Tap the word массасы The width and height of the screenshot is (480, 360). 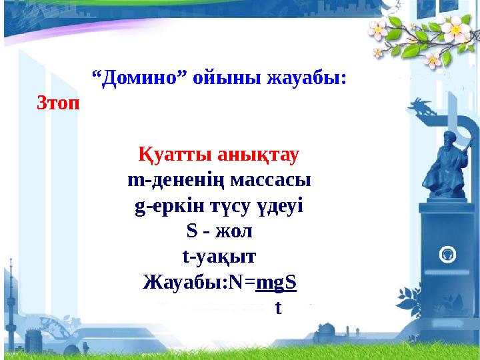pos(270,181)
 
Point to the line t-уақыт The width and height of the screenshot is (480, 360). pos(219,257)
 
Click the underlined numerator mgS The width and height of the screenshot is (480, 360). pos(276,282)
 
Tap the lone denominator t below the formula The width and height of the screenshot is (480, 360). pos(279,308)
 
